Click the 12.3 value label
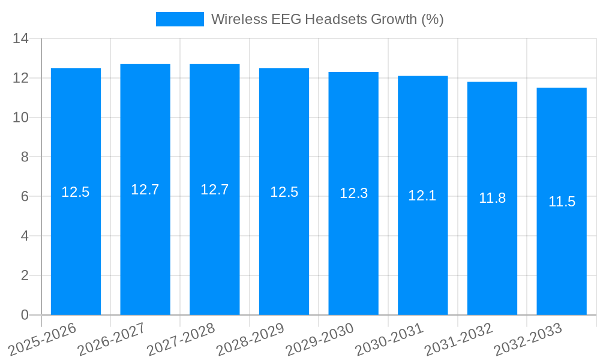coord(353,194)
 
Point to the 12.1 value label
coord(422,196)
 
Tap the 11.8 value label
coord(492,199)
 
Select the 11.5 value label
coord(562,202)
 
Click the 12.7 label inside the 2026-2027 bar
coord(145,190)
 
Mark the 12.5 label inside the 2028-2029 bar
coord(284,192)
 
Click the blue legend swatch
coord(179,19)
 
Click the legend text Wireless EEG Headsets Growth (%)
coord(327,19)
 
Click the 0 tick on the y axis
coord(25,315)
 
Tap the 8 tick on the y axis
coord(25,157)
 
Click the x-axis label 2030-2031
coord(389,340)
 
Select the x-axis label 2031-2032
coord(459,340)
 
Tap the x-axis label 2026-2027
coord(112,340)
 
